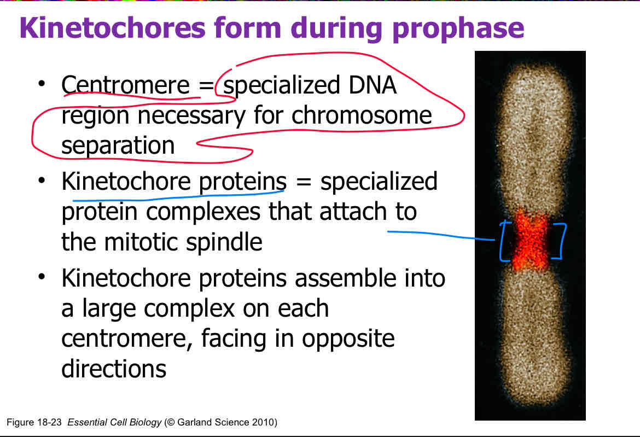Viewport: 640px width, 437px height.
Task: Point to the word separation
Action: [118, 145]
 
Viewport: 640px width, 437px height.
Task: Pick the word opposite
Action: [348, 339]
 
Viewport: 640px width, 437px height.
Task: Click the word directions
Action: [113, 369]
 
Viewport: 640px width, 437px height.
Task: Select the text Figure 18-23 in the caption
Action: [32, 422]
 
